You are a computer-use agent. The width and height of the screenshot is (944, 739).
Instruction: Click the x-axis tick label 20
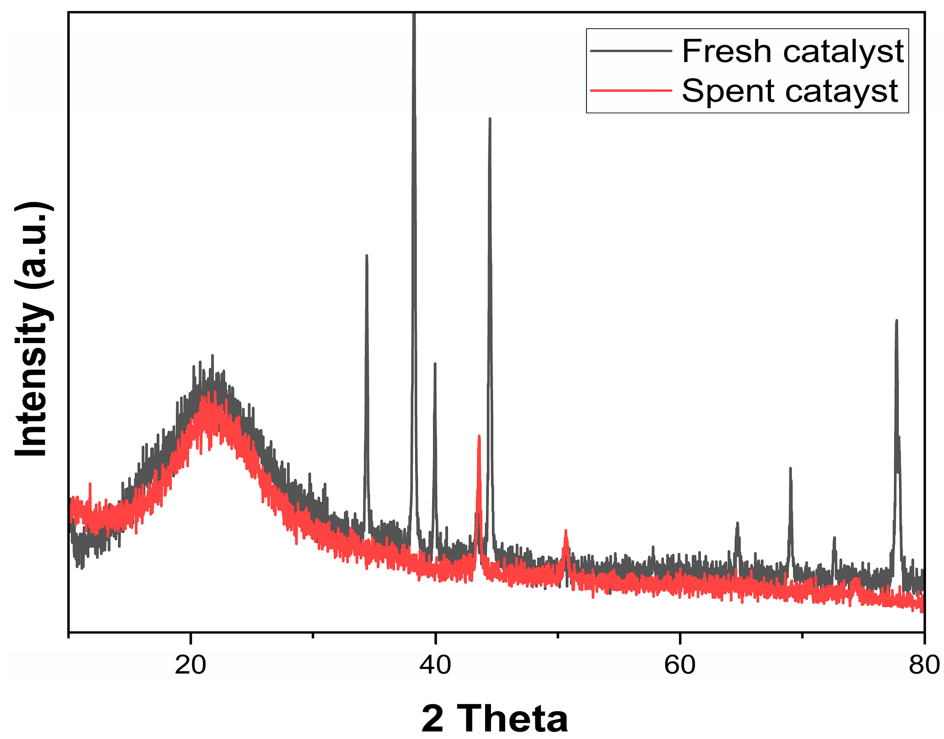pos(190,665)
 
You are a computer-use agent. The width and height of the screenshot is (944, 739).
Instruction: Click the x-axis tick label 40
pos(435,665)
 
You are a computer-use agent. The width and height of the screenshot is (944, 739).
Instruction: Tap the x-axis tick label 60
pos(679,665)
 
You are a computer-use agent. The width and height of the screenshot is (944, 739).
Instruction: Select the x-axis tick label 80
pos(924,665)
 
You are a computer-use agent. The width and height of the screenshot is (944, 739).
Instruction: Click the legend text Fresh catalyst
pos(792,51)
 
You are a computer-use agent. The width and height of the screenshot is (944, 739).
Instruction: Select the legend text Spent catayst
pos(789,91)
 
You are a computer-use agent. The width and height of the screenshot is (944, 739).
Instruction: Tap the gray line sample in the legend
pos(631,51)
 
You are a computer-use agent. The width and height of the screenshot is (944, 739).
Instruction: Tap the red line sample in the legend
pos(631,90)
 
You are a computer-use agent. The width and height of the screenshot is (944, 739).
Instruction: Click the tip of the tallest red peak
pos(478,437)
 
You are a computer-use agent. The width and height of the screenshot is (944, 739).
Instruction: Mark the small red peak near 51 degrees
pos(566,531)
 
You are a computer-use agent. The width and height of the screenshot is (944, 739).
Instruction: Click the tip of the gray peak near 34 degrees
pos(367,256)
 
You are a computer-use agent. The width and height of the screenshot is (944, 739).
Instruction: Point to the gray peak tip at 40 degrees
pos(435,364)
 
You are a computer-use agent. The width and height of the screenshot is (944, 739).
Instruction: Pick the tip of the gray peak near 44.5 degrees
pos(490,119)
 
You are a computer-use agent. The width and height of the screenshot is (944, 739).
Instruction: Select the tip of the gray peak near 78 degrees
pos(897,321)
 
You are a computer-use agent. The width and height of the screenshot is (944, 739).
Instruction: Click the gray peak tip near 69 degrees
pos(790,468)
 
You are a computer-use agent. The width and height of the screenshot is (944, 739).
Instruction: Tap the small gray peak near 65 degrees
pos(737,523)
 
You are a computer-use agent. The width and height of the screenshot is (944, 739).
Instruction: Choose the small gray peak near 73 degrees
pos(834,538)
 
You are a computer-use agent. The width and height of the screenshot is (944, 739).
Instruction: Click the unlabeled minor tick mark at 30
pos(313,635)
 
